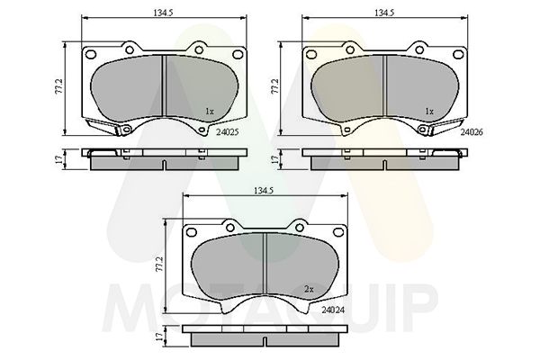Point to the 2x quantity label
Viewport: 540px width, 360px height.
coord(308,289)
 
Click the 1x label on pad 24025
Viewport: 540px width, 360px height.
coord(209,112)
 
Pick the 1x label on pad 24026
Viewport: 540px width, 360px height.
coord(429,112)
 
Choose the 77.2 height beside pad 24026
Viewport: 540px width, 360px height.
coord(275,86)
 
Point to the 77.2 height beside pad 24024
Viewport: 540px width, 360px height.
coord(160,264)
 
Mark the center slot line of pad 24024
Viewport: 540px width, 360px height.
coord(265,261)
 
